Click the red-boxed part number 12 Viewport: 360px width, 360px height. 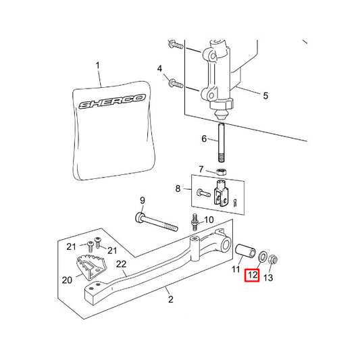[252, 275]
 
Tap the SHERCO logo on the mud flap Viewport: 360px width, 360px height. [112, 101]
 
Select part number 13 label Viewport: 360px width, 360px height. [268, 278]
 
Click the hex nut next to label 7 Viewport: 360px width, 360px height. [222, 172]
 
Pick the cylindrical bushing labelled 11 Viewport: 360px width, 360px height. [246, 251]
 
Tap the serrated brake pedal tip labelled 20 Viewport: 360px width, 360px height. [91, 267]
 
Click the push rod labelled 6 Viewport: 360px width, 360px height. [222, 143]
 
